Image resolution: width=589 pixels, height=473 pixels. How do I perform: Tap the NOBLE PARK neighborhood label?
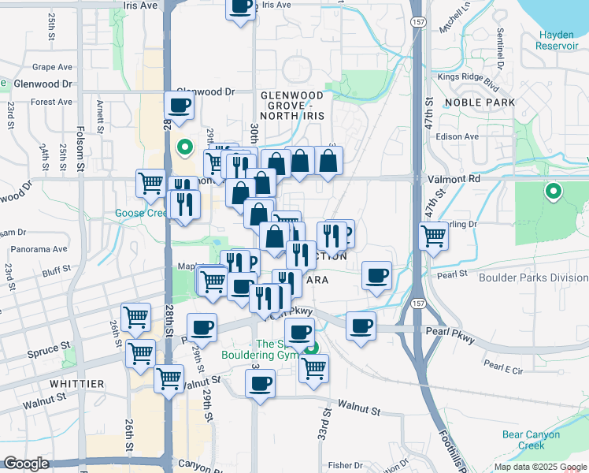pyautogui.click(x=480, y=102)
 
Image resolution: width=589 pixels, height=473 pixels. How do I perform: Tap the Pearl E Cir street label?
pyautogui.click(x=505, y=366)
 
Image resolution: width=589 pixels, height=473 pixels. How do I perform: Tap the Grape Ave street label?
pyautogui.click(x=52, y=67)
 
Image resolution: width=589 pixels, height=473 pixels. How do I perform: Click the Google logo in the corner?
pyautogui.click(x=26, y=464)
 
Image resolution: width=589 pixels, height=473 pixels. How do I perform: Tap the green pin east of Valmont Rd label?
pyautogui.click(x=554, y=190)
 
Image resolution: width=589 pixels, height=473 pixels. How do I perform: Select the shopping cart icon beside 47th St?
pyautogui.click(x=433, y=235)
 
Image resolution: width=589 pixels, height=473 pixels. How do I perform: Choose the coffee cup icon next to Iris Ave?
pyautogui.click(x=240, y=7)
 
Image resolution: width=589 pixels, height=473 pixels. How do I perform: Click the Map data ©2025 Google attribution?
pyautogui.click(x=540, y=467)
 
